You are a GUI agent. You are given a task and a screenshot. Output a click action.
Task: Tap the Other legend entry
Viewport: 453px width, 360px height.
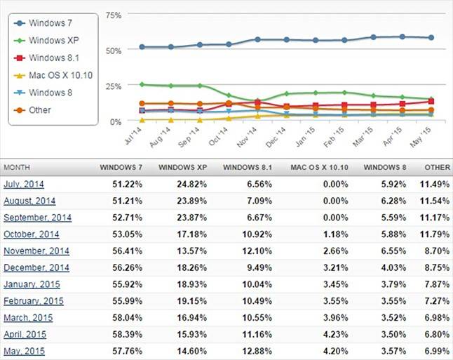[x=40, y=109]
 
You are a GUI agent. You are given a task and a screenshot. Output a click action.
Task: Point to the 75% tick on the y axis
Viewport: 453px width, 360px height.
[x=113, y=15]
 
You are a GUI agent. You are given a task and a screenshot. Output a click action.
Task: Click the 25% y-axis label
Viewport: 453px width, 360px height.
[x=113, y=86]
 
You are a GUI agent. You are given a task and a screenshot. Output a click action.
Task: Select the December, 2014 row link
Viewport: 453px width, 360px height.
[x=36, y=267]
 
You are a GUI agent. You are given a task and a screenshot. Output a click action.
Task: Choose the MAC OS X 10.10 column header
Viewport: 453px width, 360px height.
[x=319, y=168]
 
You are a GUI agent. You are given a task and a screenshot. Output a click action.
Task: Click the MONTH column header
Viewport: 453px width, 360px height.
[x=18, y=168]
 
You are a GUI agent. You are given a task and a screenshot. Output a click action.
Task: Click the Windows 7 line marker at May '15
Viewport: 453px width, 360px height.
[x=431, y=38]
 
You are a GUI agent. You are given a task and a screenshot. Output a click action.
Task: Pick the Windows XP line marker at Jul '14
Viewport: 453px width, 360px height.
[x=142, y=85]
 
